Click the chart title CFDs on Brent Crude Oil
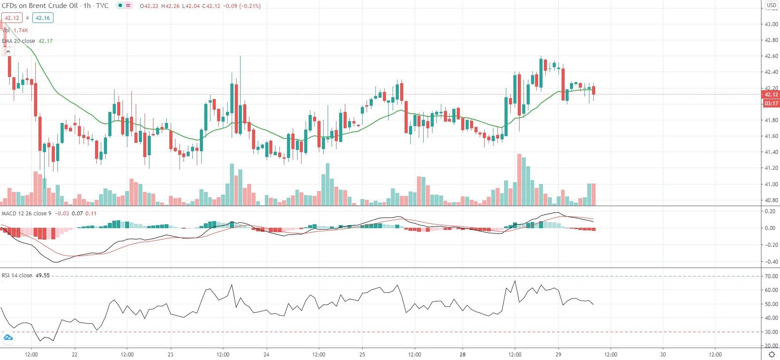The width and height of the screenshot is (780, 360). coord(40,6)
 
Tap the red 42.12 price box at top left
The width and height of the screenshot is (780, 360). coord(12,18)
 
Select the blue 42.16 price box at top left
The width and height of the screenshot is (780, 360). coord(43,18)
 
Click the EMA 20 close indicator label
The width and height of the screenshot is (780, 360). coord(19,41)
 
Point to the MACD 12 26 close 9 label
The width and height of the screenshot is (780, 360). coord(27,214)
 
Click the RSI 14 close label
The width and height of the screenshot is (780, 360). coord(17,276)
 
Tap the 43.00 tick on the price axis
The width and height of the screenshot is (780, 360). coord(771,24)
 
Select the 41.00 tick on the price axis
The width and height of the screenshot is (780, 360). coord(771,184)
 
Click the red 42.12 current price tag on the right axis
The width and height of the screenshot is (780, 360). coord(771,95)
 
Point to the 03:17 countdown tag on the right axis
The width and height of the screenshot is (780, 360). coord(771,103)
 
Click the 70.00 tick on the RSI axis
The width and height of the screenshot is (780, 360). coord(771,276)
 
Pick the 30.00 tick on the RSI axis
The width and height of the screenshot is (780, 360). coord(771,332)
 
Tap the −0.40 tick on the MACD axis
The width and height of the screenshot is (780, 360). coord(770,262)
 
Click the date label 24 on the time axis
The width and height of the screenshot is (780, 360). coord(266,354)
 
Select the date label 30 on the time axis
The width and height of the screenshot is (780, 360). coord(663,354)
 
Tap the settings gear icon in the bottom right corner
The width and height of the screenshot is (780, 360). coord(772,354)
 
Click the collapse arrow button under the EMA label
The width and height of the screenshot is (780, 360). coord(8,52)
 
